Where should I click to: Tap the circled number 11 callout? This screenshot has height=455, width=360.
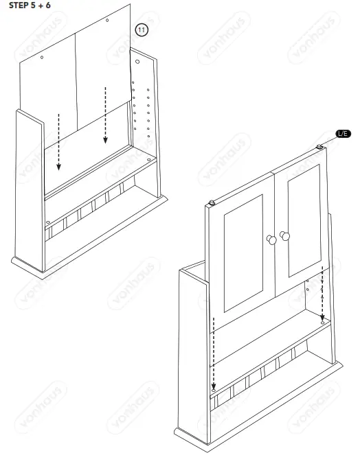click(142, 30)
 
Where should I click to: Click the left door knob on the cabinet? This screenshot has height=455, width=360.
click(271, 240)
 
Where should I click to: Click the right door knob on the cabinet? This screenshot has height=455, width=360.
click(285, 236)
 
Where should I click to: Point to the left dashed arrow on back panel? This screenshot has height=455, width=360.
click(59, 141)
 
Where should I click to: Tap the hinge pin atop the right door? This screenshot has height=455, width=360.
click(321, 147)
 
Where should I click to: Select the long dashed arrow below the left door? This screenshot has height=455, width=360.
click(214, 357)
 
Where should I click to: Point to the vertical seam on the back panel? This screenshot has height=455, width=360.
click(75, 82)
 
